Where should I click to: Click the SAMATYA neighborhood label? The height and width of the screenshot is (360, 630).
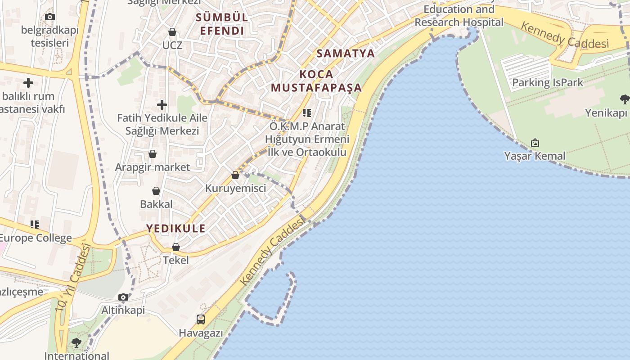click(346, 53)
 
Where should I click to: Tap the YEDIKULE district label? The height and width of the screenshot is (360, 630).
click(176, 228)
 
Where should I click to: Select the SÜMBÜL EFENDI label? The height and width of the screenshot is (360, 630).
click(222, 24)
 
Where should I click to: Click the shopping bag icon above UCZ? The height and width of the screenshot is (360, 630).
click(172, 32)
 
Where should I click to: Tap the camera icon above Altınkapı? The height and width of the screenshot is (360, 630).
click(123, 297)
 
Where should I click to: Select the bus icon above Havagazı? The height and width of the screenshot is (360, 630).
click(201, 319)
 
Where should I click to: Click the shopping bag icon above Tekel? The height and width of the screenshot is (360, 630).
click(176, 247)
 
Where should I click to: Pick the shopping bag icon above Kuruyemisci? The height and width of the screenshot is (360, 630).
click(235, 175)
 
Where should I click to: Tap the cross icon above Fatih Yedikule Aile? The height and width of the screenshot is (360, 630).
click(162, 105)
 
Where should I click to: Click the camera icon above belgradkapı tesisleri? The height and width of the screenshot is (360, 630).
click(50, 17)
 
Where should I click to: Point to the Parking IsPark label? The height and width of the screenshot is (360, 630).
click(548, 83)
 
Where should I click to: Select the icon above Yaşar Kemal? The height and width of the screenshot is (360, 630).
click(535, 143)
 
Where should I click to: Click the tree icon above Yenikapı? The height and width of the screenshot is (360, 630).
click(625, 99)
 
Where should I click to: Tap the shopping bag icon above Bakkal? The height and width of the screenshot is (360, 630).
click(156, 191)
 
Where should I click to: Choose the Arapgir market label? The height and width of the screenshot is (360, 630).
click(153, 167)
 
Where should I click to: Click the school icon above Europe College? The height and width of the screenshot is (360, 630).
click(35, 224)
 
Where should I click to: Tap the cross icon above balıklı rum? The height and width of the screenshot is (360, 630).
click(28, 83)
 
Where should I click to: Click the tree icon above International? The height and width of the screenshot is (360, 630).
click(76, 343)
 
